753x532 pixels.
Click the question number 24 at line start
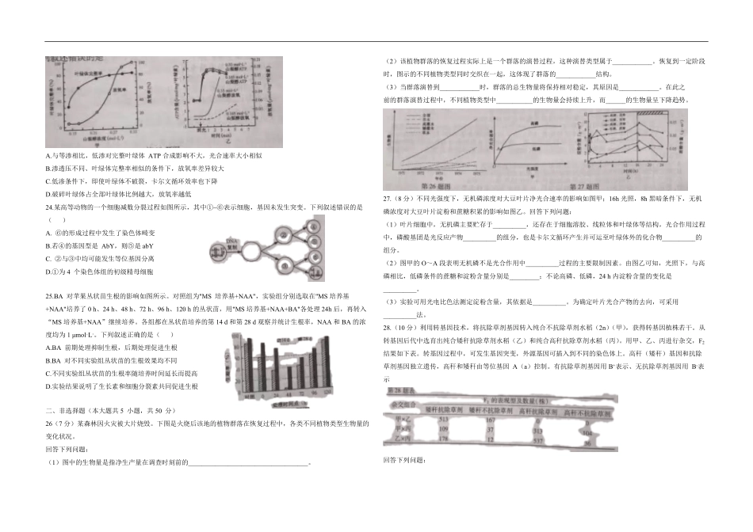51,207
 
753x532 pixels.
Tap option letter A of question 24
49,233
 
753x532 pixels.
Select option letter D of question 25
49,386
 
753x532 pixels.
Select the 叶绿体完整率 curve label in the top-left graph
89,74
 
